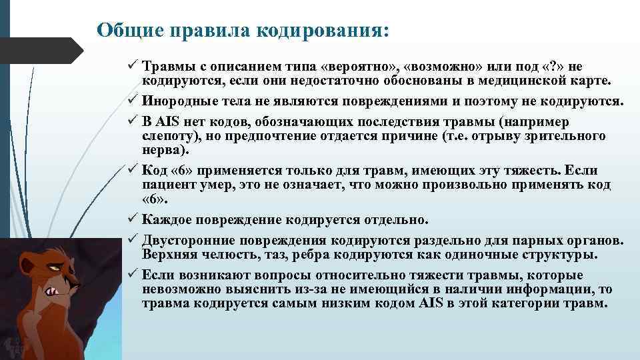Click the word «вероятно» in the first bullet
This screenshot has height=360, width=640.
pyautogui.click(x=359, y=67)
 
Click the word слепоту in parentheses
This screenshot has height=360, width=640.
pyautogui.click(x=169, y=136)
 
